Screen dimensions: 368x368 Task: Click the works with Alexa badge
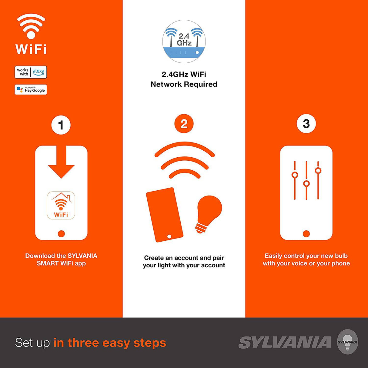pos(31,72)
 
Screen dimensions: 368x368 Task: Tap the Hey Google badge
pos(31,90)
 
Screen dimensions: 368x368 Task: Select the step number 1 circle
pos(61,125)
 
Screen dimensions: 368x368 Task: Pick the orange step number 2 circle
pos(184,124)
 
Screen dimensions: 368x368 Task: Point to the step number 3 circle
pos(306,123)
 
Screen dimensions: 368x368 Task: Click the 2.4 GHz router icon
pos(184,42)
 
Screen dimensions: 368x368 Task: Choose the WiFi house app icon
pos(61,206)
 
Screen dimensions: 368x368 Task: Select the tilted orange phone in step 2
pos(165,215)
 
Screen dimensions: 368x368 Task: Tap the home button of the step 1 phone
pos(61,234)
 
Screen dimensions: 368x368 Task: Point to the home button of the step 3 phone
pos(306,234)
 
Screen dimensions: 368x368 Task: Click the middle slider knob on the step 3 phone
pos(306,184)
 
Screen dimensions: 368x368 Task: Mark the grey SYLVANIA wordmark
pos(285,343)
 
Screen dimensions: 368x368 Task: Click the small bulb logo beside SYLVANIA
pos(348,342)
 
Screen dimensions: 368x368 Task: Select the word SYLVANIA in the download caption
pos(82,256)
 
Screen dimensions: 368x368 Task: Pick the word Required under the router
pos(201,84)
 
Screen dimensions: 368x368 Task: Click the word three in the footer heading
pos(84,343)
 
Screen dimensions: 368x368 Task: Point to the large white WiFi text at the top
pos(31,49)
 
